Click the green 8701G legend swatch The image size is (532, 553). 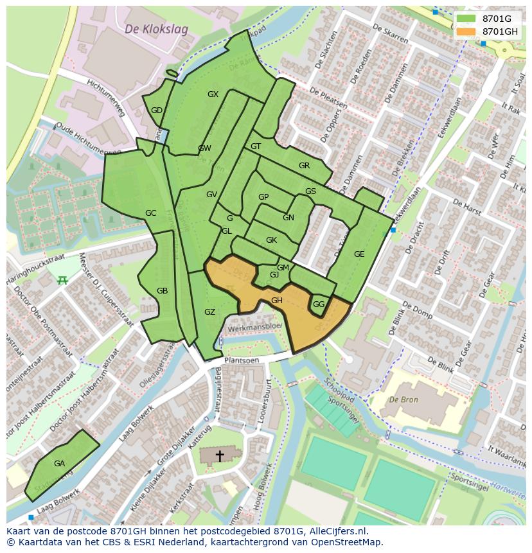(x=466, y=19)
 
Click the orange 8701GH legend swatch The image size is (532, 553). (x=466, y=31)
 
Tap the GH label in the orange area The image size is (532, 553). (x=277, y=301)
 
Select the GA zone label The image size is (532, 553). (x=59, y=464)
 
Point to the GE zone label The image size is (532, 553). (x=359, y=254)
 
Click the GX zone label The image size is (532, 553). (x=213, y=94)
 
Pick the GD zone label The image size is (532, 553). (x=157, y=110)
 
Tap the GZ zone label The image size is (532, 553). (x=209, y=312)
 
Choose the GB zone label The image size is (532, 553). (x=162, y=291)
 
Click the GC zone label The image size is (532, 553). (x=150, y=213)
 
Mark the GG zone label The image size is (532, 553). (x=319, y=304)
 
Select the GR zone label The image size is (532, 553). (x=304, y=166)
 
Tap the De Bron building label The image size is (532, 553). (x=403, y=399)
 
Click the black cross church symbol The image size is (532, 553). (x=220, y=456)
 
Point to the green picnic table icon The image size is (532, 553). (x=62, y=280)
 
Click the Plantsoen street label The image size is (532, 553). (x=242, y=361)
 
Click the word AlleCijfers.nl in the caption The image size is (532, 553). (x=336, y=531)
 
